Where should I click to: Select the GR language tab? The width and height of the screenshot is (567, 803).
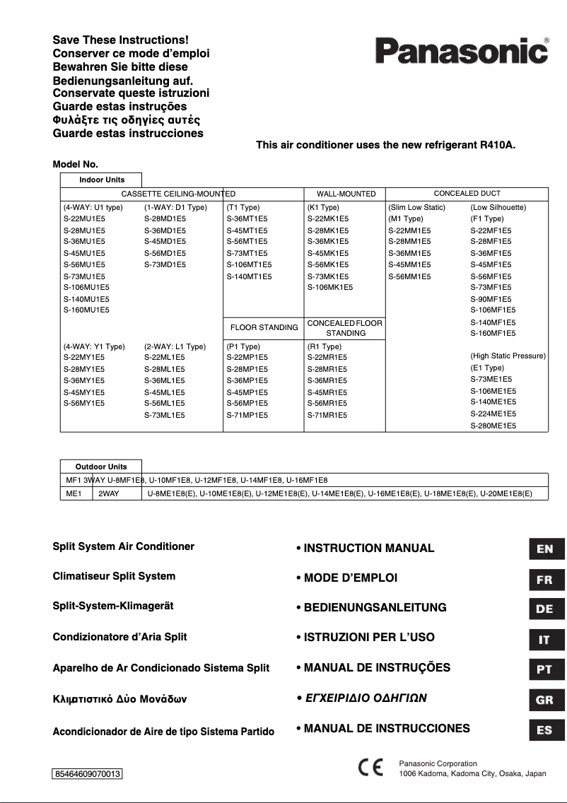pyautogui.click(x=546, y=700)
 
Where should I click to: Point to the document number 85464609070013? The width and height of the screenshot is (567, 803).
pyautogui.click(x=88, y=774)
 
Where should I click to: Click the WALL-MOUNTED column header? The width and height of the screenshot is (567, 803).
pyautogui.click(x=346, y=194)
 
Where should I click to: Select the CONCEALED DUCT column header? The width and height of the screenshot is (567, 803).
pyautogui.click(x=467, y=193)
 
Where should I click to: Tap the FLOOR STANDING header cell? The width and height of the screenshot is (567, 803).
pyautogui.click(x=264, y=327)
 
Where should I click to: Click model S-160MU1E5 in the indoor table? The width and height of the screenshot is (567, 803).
pyautogui.click(x=86, y=310)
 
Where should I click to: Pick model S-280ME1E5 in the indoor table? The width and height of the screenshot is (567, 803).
pyautogui.click(x=493, y=426)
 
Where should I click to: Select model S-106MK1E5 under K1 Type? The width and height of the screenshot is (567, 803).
pyautogui.click(x=330, y=287)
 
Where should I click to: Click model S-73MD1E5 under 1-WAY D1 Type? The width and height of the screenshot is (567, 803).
pyautogui.click(x=165, y=264)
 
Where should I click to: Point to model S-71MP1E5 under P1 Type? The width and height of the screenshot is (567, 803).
pyautogui.click(x=247, y=415)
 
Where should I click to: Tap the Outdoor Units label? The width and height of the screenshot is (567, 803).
pyautogui.click(x=101, y=467)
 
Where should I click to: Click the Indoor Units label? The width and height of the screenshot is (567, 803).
pyautogui.click(x=101, y=180)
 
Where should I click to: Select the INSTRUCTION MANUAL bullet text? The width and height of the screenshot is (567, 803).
pyautogui.click(x=369, y=548)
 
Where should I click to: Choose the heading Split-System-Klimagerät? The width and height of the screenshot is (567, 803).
pyautogui.click(x=113, y=606)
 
